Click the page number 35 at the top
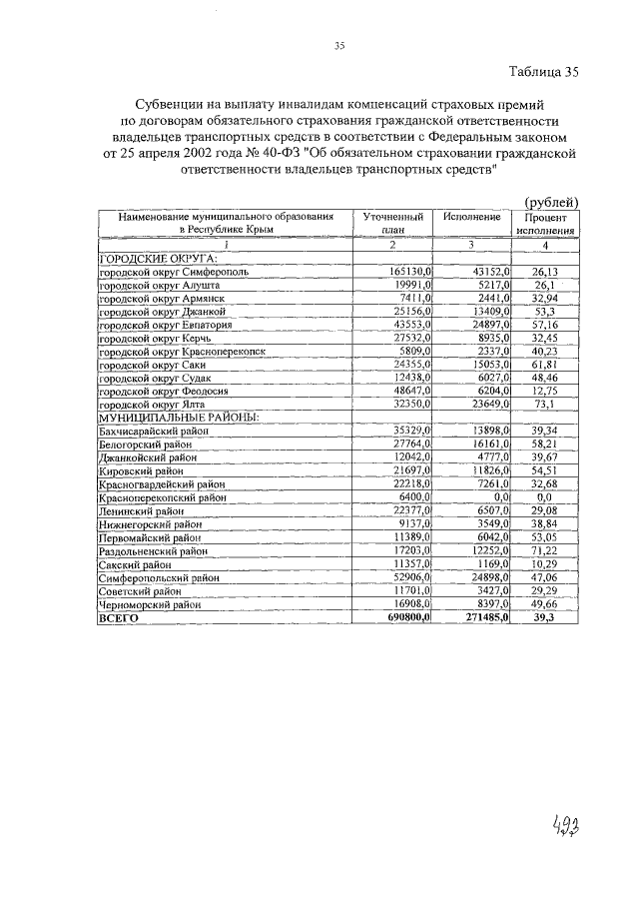(x=338, y=46)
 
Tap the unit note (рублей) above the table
(x=551, y=202)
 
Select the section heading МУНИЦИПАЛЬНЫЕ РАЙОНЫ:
(x=164, y=417)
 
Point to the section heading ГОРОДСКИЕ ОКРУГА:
(x=145, y=257)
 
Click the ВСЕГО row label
(x=118, y=618)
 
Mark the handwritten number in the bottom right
(x=566, y=828)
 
